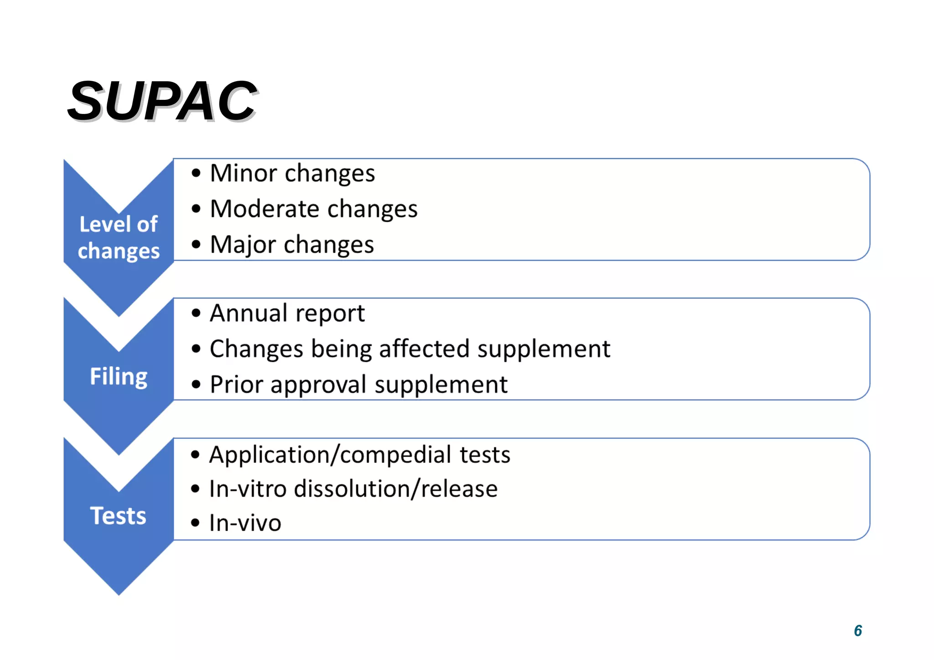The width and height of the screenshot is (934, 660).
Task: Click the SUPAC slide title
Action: [x=163, y=101]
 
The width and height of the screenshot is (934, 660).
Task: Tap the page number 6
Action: [x=857, y=630]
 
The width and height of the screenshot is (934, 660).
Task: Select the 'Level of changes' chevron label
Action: [x=119, y=238]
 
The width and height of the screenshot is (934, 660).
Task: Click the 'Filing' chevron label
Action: [x=119, y=377]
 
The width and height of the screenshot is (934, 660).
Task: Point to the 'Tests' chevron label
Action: [x=118, y=516]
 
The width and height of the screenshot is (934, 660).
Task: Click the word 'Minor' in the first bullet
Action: [x=244, y=173]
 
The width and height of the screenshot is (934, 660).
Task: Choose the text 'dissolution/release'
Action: [x=395, y=489]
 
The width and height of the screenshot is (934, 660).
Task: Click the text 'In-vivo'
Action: [x=245, y=523]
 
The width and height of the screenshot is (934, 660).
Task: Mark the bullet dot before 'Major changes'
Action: [x=196, y=245]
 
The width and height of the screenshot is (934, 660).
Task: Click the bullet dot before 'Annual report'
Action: [x=196, y=313]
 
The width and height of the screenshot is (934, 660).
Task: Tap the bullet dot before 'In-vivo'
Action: [x=196, y=523]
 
